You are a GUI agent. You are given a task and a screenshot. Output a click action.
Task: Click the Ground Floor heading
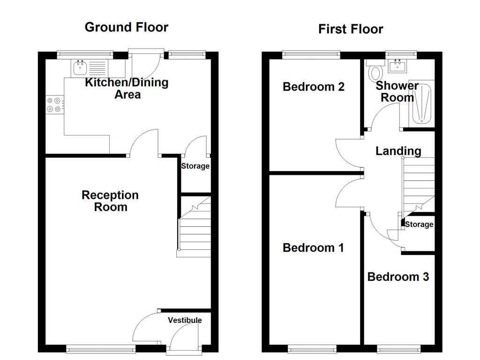coord(126,27)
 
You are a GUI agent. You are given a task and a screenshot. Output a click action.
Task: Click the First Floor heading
coord(351,29)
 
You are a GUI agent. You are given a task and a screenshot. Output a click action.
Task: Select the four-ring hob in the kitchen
coord(54,105)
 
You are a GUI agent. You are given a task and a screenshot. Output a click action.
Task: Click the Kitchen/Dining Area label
coord(127,88)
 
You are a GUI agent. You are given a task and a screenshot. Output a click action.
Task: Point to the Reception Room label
coord(110,201)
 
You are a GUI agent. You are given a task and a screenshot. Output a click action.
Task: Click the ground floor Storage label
coord(195,166)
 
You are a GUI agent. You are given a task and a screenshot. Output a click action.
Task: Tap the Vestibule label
coord(185,320)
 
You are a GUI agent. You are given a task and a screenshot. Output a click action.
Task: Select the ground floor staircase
coord(194,227)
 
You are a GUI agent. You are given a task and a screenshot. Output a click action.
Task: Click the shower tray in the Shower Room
coord(422,104)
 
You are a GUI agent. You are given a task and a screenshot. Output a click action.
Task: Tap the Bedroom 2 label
coord(314,87)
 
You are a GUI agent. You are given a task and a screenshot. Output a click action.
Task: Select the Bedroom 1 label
coord(313,247)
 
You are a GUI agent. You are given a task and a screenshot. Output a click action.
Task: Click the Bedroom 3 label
coord(398,277)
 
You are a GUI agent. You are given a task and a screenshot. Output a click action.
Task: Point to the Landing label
coord(398,151)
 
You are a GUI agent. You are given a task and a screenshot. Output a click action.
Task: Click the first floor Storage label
coord(419,225)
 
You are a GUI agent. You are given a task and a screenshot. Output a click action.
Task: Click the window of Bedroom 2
coord(311,55)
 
